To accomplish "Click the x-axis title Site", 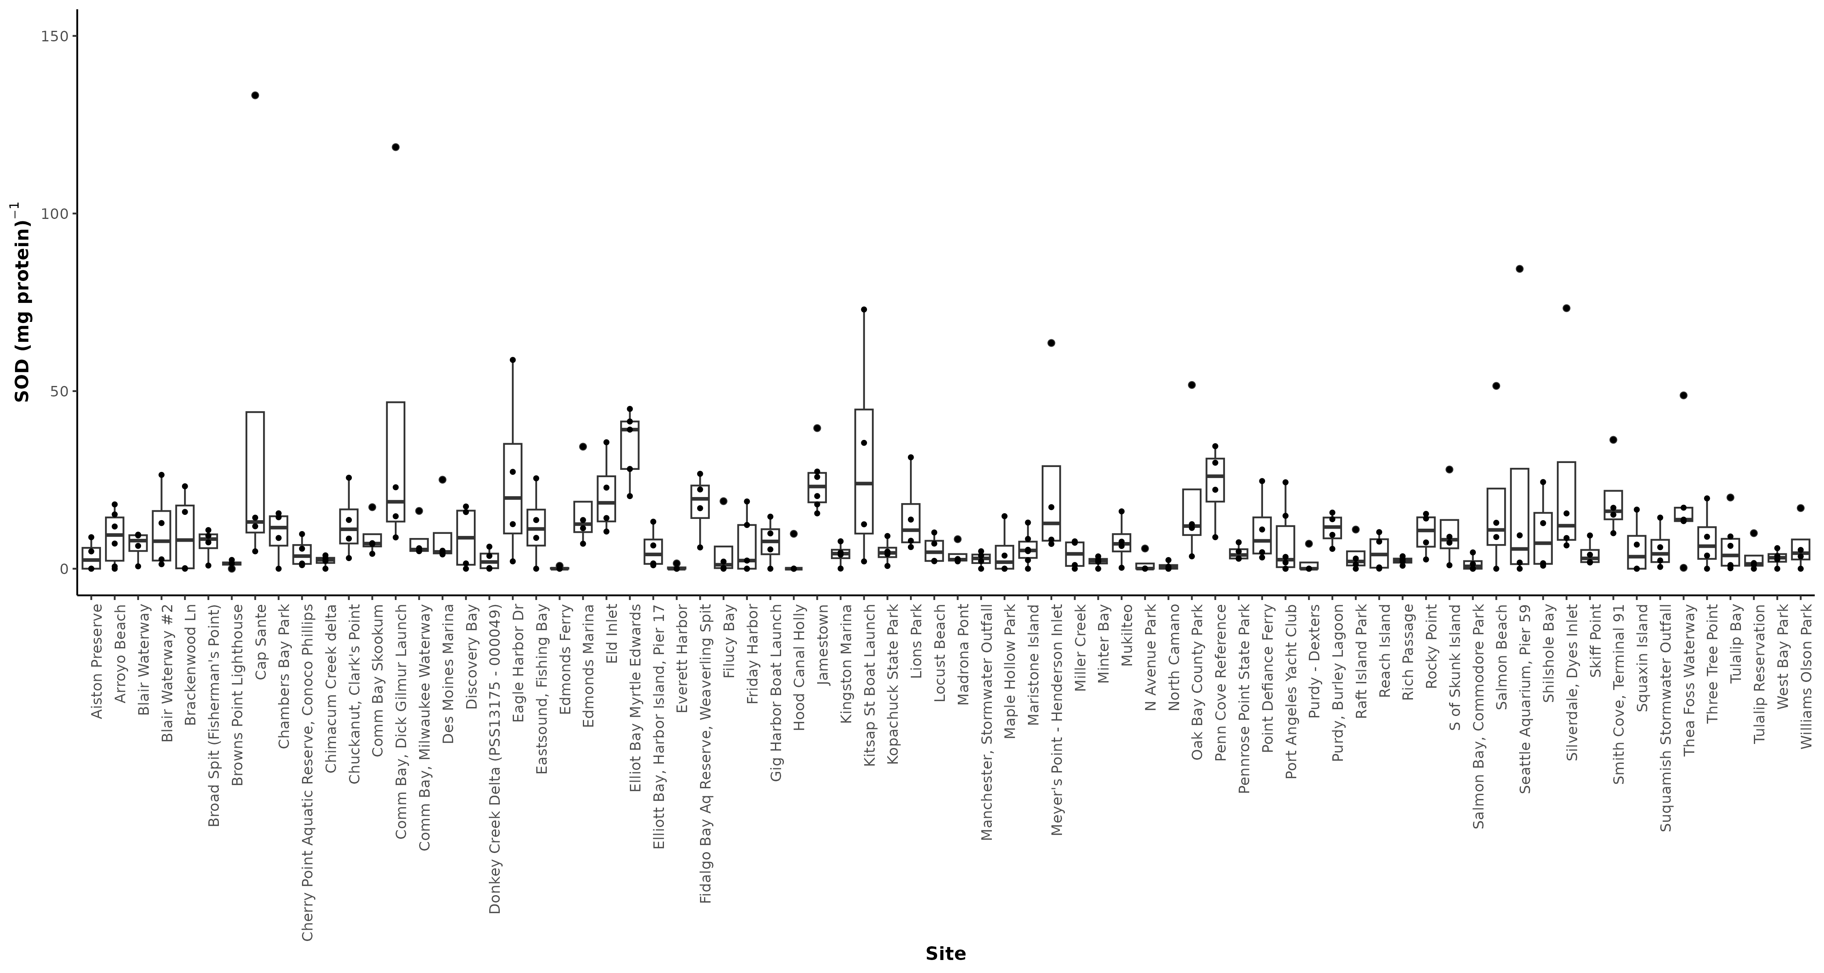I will (x=945, y=953).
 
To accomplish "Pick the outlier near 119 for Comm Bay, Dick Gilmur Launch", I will (x=396, y=147).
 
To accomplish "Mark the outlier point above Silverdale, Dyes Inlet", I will (x=1566, y=308).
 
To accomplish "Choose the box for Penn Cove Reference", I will (x=1215, y=480).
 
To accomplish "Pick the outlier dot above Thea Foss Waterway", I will (x=1684, y=395).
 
